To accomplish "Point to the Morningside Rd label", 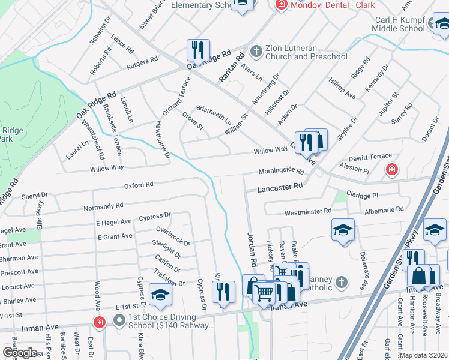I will (x=282, y=172).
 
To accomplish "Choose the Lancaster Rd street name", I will (x=280, y=187).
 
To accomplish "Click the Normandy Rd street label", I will (x=103, y=206).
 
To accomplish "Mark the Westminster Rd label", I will (x=307, y=211).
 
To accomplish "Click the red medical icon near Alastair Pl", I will (x=391, y=170).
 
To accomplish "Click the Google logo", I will (x=20, y=353).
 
